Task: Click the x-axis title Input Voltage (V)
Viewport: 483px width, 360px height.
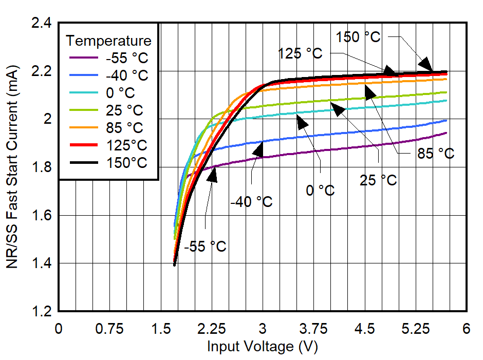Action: tap(262, 347)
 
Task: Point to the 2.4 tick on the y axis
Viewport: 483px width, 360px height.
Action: tap(41, 23)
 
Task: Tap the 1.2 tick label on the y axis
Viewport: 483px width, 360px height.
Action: tap(41, 312)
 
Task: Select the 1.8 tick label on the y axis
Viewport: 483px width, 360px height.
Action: tap(41, 167)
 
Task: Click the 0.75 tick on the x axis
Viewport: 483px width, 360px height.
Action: tap(109, 329)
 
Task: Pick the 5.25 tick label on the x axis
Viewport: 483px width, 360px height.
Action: tap(415, 329)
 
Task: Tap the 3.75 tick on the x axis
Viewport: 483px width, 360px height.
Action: tap(313, 329)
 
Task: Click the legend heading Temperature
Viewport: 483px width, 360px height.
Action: tap(109, 41)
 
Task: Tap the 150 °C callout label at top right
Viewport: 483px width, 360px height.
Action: tap(358, 37)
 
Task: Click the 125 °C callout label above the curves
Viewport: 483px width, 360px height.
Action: tap(300, 53)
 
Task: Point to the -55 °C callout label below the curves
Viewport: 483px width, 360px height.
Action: tap(205, 247)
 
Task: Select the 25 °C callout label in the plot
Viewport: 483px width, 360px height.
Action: tap(378, 180)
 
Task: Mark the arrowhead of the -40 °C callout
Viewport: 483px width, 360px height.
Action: tap(258, 149)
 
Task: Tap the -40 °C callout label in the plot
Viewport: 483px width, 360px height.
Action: tap(251, 202)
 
